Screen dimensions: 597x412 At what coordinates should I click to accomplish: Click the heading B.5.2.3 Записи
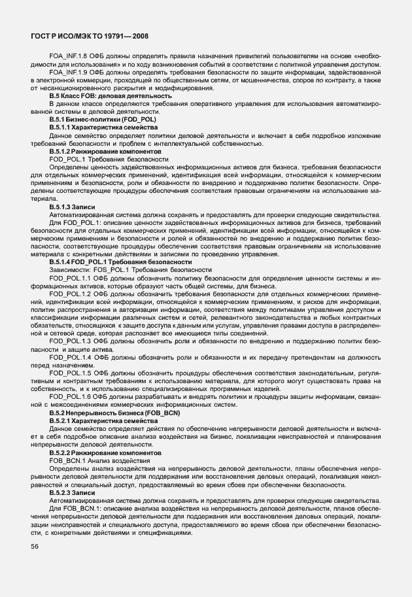[x=72, y=491]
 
